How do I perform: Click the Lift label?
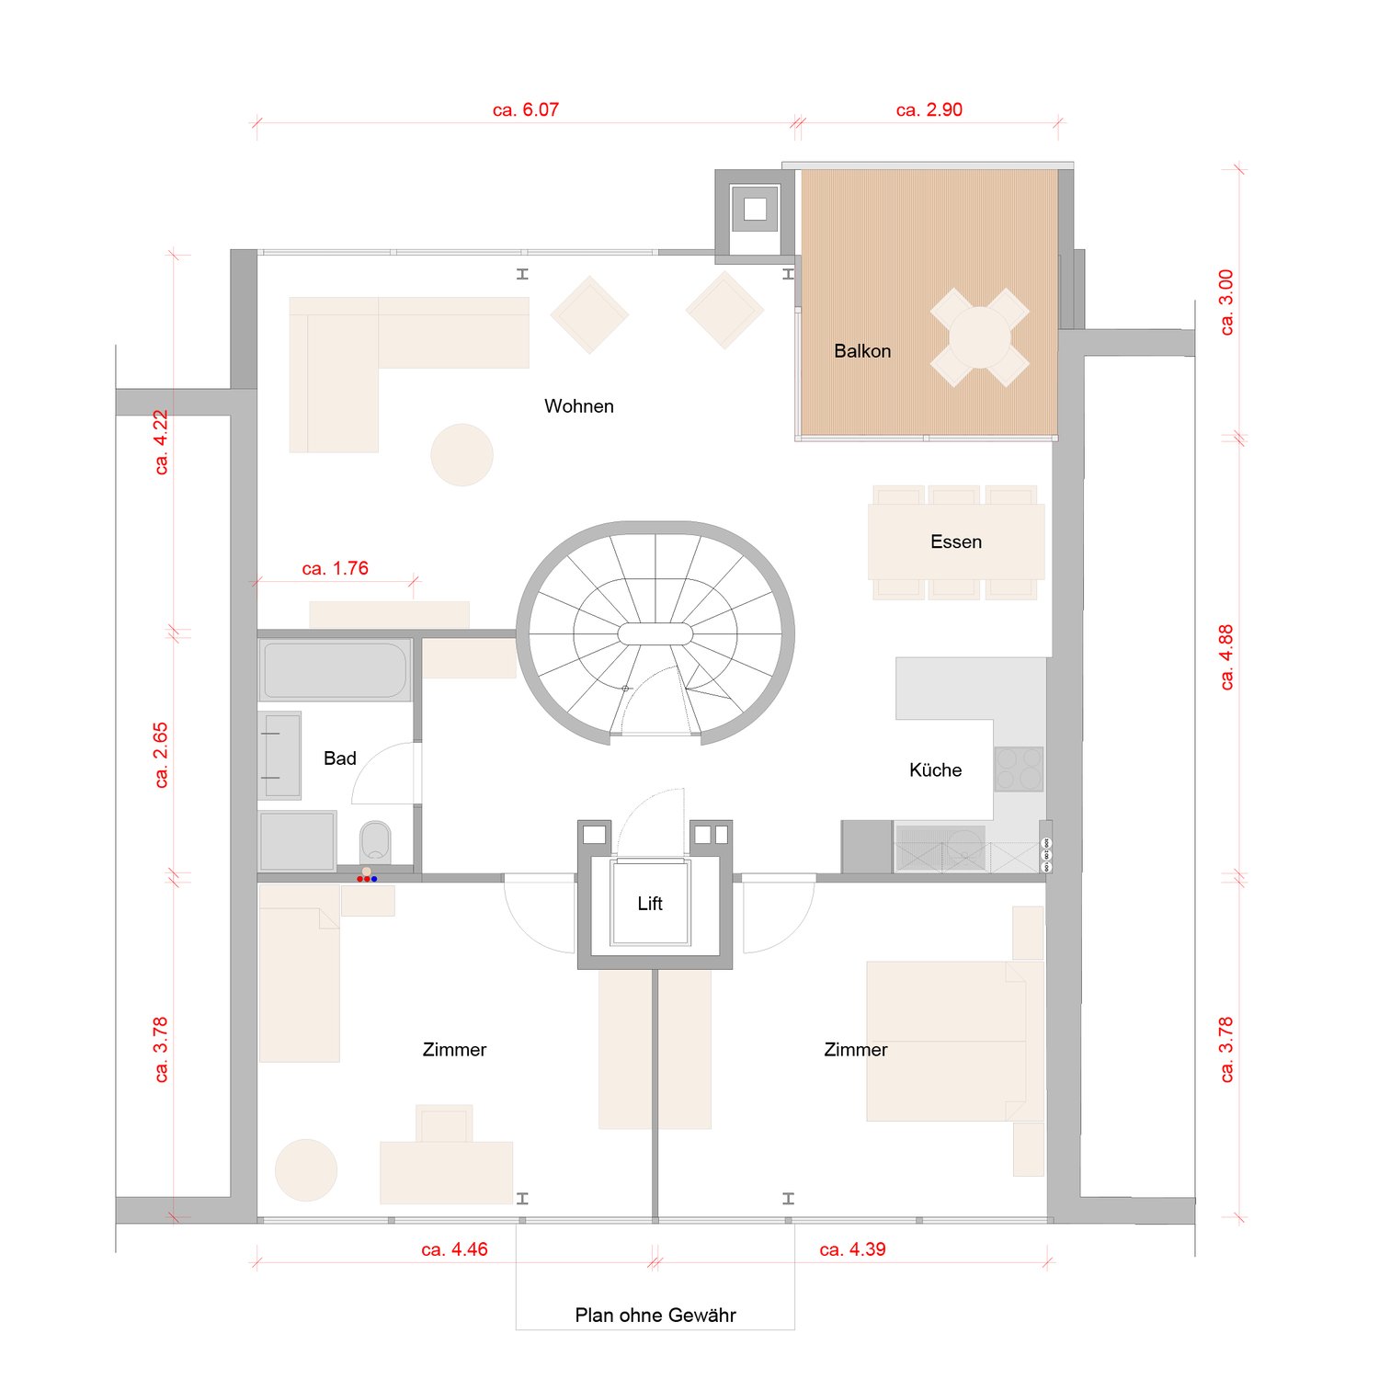pos(650,904)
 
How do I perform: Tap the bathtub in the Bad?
pos(335,670)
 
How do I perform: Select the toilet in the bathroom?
pos(375,842)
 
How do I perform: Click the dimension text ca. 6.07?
pos(525,110)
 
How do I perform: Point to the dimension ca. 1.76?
pos(335,569)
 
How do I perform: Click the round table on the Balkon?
pos(979,337)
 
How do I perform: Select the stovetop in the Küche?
pos(1019,769)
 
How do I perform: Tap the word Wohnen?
pos(578,406)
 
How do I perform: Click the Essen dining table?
pos(956,542)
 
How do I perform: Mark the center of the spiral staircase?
pos(655,634)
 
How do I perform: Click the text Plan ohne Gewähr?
pos(655,1316)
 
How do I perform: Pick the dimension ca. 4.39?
pos(852,1250)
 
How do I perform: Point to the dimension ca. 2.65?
pos(161,755)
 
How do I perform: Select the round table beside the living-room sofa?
pos(462,454)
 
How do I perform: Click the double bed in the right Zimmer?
pos(947,1041)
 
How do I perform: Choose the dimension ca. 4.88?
pos(1226,657)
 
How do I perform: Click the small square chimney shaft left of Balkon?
pos(755,209)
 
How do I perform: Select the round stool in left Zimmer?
pos(306,1170)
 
